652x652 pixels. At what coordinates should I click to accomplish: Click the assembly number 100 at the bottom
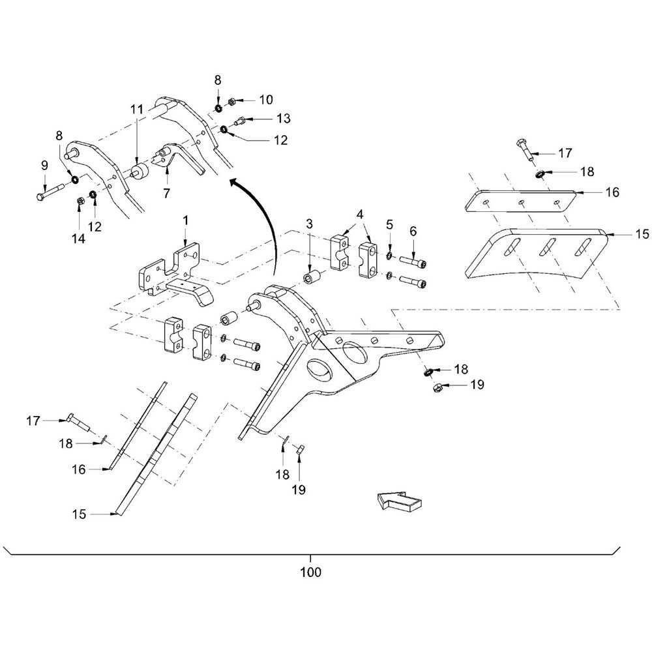pos(310,574)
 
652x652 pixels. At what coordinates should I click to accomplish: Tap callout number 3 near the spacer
pos(309,224)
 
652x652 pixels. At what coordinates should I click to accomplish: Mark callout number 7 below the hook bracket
pos(166,194)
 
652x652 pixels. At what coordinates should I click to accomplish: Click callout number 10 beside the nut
pos(265,100)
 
